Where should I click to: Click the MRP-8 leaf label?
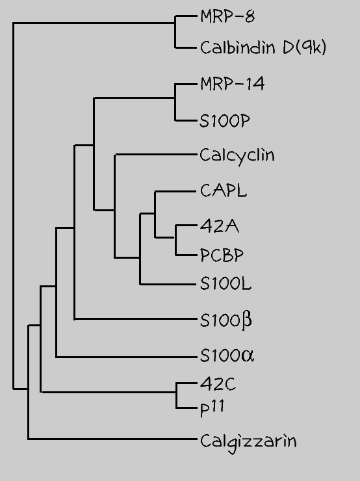click(x=227, y=16)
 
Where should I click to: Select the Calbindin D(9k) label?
click(x=263, y=47)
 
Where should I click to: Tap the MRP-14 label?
click(x=232, y=84)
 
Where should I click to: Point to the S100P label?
click(x=225, y=121)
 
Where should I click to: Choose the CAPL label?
click(x=224, y=190)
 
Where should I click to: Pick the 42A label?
click(x=220, y=227)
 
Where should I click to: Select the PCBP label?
click(x=222, y=255)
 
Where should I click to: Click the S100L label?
click(x=225, y=284)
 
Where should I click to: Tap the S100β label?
click(x=226, y=320)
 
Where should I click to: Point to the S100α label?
click(x=227, y=356)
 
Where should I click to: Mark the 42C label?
click(x=218, y=383)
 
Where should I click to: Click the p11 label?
click(x=212, y=409)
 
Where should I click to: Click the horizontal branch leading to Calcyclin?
click(x=155, y=155)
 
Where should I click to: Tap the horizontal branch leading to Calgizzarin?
click(x=112, y=439)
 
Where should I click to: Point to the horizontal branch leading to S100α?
click(x=126, y=357)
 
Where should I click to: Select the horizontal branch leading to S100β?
click(x=135, y=319)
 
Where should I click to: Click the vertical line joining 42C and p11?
click(x=176, y=395)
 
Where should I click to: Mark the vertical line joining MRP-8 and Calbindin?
click(x=175, y=32)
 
